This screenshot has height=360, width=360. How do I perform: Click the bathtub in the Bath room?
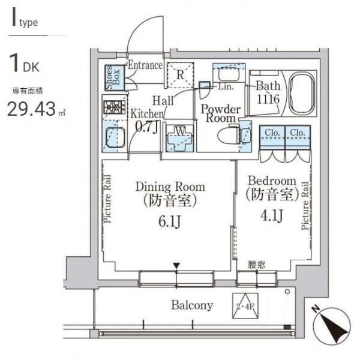click(x=301, y=93)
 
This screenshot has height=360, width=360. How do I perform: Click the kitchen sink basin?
click(x=115, y=137)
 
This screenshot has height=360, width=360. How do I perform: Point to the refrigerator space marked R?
click(x=180, y=75)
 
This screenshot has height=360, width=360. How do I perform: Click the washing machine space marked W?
click(x=180, y=139)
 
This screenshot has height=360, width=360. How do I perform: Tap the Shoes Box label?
click(x=113, y=77)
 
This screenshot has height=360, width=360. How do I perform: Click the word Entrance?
click(x=145, y=65)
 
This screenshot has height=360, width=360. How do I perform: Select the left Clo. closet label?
click(x=272, y=133)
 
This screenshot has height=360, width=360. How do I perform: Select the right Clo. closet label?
click(x=298, y=133)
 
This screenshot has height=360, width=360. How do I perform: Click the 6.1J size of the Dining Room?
click(x=170, y=221)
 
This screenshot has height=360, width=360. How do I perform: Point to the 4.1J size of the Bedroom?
click(x=271, y=215)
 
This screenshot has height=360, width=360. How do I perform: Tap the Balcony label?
click(x=192, y=305)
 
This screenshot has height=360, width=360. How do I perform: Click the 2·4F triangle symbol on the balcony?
click(x=245, y=305)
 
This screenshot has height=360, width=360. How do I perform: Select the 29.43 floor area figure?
click(x=31, y=109)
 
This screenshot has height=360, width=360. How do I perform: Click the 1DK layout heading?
click(x=24, y=63)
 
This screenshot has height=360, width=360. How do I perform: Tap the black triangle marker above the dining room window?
click(x=176, y=266)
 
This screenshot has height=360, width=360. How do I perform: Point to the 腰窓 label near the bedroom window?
click(x=256, y=265)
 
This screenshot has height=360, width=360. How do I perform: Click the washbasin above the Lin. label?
click(x=229, y=73)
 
